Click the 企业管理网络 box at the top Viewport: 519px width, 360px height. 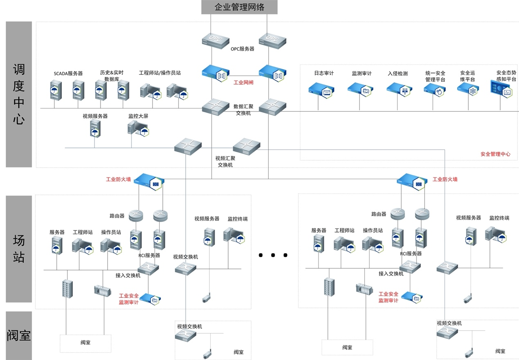[x=239, y=7]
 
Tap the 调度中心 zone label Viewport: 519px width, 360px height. [x=19, y=94]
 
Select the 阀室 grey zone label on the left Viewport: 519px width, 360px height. [x=19, y=335]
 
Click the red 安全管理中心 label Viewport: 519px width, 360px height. [x=495, y=154]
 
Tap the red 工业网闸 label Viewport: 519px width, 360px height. [x=243, y=83]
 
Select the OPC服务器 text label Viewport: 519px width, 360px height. [x=243, y=49]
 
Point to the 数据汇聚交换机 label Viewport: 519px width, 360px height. [x=243, y=110]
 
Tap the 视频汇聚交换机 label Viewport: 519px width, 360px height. [x=225, y=161]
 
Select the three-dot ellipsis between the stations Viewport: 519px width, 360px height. [x=273, y=255]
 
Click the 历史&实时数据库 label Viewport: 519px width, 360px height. [x=112, y=76]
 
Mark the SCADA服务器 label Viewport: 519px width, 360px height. [x=68, y=74]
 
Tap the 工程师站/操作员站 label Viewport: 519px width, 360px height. [x=160, y=73]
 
